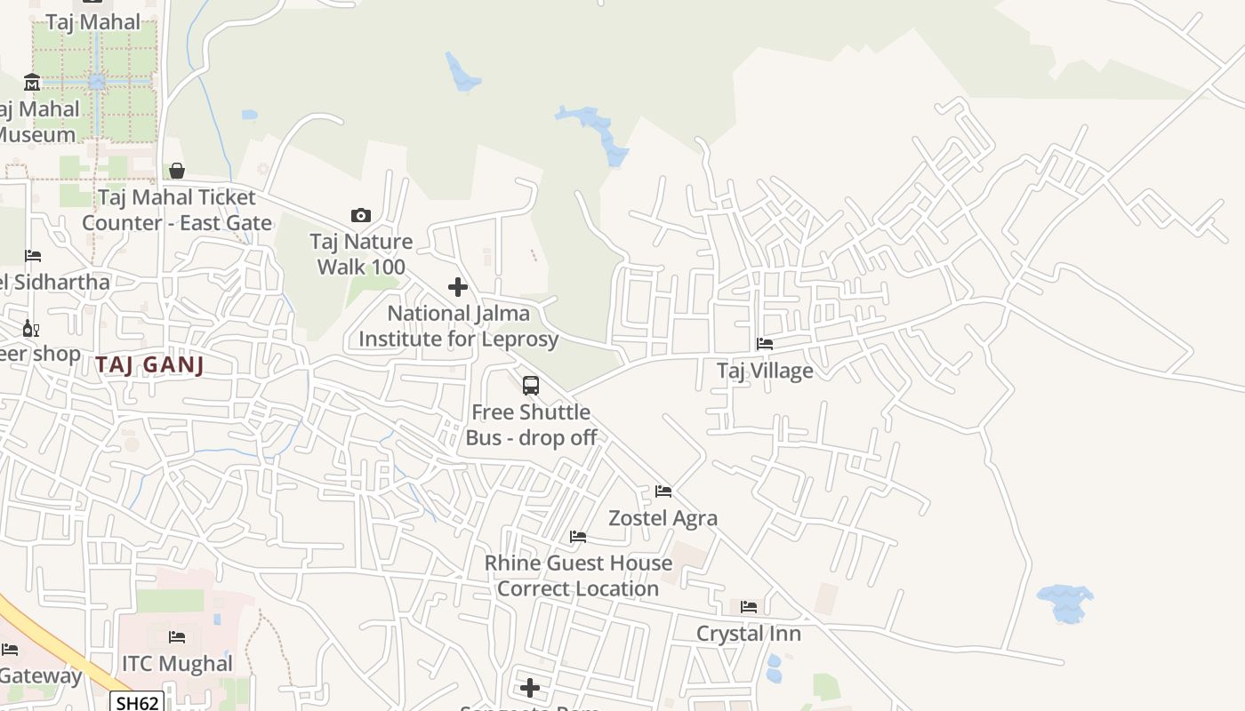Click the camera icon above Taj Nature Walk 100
(x=360, y=215)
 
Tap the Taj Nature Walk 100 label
(x=361, y=254)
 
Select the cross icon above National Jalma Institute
(x=458, y=287)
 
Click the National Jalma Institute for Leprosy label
(x=458, y=326)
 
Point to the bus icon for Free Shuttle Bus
(x=531, y=386)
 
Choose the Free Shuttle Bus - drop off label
(x=531, y=425)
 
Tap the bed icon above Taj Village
(x=765, y=344)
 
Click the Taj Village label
(x=765, y=371)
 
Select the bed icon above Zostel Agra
(x=663, y=491)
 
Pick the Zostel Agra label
(x=663, y=518)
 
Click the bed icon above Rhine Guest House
(x=578, y=537)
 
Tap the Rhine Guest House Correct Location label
(x=578, y=576)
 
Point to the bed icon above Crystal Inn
(x=749, y=607)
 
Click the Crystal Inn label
(x=749, y=634)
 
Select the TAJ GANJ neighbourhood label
(x=149, y=364)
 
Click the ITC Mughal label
(x=177, y=664)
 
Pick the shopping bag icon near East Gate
(x=177, y=171)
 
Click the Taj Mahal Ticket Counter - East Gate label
(x=177, y=210)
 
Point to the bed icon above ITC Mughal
(x=177, y=637)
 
